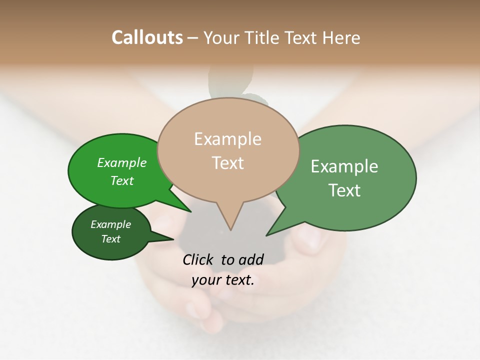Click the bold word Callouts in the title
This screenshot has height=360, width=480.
147,37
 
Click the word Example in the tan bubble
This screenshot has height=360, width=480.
227,139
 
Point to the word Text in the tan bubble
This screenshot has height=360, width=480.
227,162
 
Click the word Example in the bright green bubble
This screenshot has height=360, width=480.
122,162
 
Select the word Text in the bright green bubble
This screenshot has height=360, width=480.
122,180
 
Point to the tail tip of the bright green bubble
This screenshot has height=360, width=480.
190,211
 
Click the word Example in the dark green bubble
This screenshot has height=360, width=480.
110,224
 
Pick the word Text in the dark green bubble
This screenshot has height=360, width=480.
110,239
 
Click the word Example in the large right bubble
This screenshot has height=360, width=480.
344,166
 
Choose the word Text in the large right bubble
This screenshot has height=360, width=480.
344,190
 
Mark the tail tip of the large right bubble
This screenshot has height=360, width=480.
267,234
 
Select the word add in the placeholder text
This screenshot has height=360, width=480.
251,259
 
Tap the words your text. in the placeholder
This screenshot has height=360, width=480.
223,280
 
